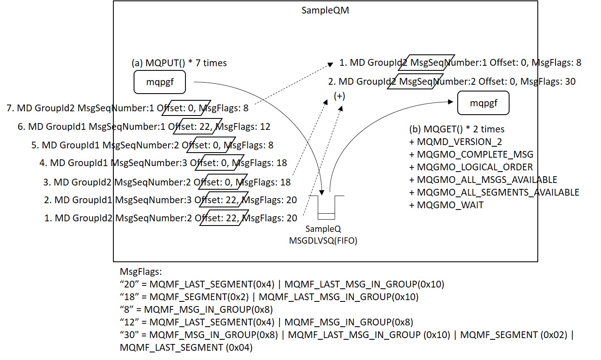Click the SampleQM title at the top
(x=325, y=10)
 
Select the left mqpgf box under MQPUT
(x=160, y=82)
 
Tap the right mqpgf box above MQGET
(x=483, y=103)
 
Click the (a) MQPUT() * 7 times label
(x=179, y=63)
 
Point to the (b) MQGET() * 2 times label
(x=456, y=129)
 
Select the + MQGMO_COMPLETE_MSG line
(x=471, y=155)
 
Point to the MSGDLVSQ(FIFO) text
(x=323, y=241)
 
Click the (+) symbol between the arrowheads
(x=339, y=96)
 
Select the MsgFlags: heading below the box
(x=141, y=271)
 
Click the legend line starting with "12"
(x=266, y=322)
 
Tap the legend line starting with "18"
(x=269, y=297)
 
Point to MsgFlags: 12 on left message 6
(x=245, y=127)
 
